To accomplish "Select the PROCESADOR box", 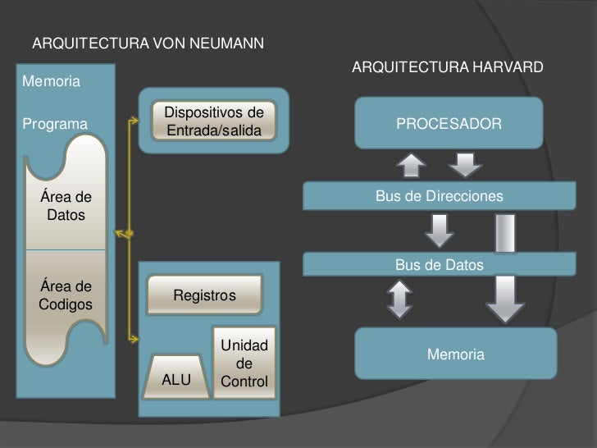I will tap(449, 124).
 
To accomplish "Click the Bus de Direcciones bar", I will tap(439, 197).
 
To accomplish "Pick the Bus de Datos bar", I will tap(439, 265).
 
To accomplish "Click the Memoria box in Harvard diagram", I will tap(455, 354).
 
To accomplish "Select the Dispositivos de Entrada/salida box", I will tap(213, 121).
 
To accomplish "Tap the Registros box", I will tap(204, 295).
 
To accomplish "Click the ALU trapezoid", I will tap(176, 380).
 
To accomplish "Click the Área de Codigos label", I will tap(66, 295).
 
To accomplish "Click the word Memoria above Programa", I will tap(51, 82).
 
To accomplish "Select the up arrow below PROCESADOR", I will tap(411, 165).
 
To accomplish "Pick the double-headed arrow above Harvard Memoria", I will tap(399, 299).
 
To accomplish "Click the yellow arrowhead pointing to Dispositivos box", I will tap(134, 121).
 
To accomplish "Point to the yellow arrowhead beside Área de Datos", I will tap(123, 234).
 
